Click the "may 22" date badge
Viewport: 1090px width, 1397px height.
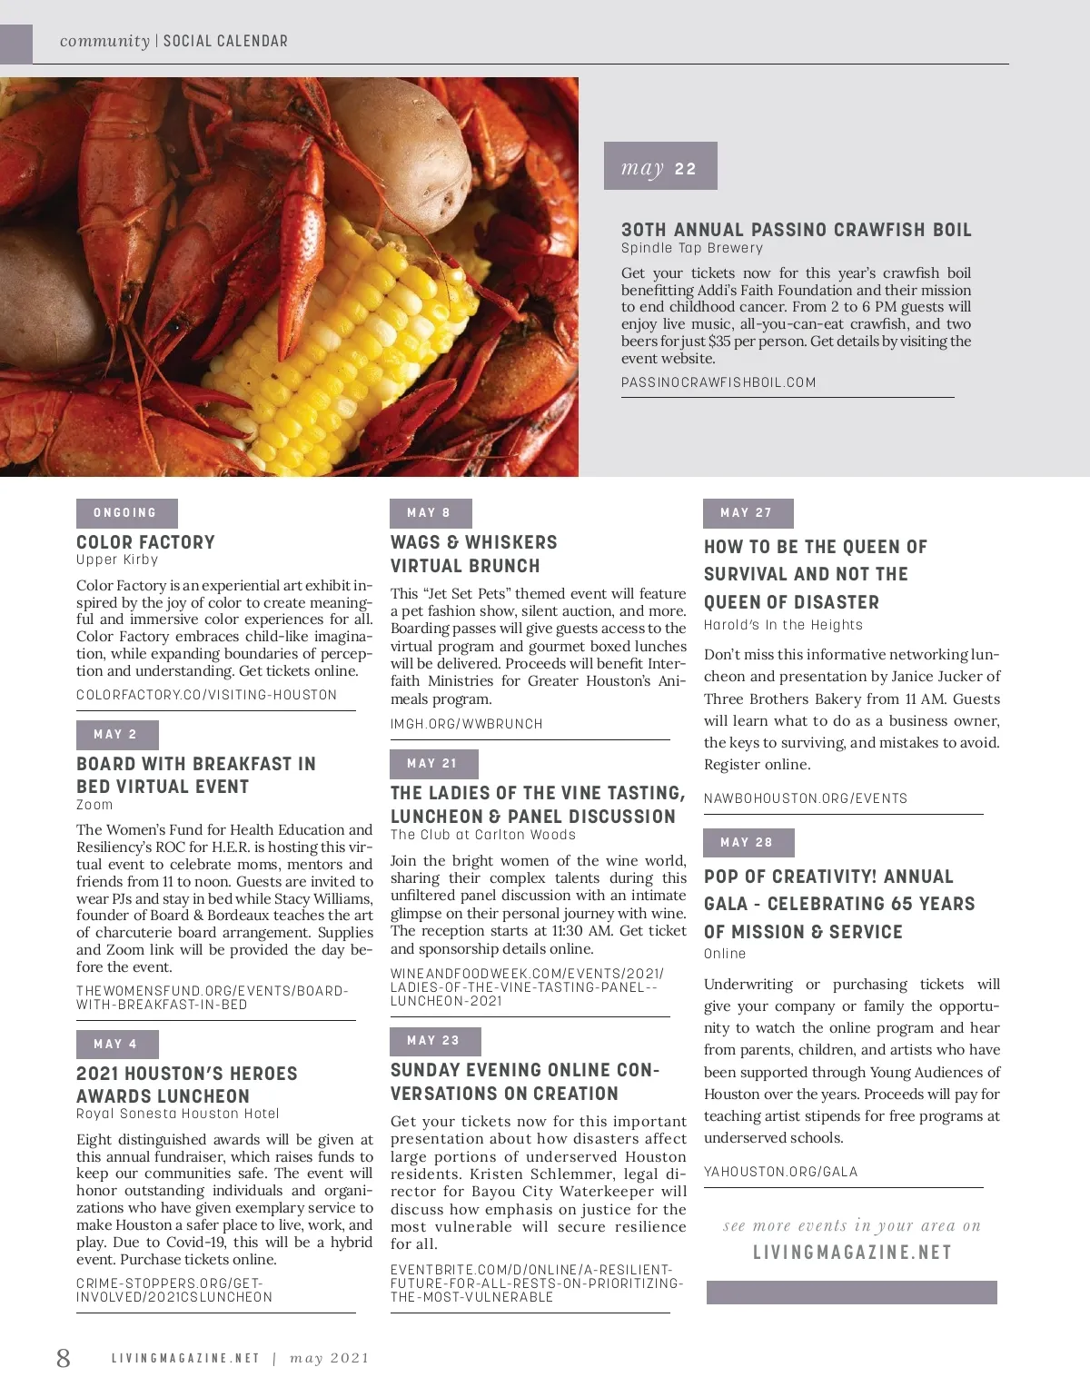660,166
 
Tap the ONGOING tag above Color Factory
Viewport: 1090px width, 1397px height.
126,513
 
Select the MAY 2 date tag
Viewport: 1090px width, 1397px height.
116,735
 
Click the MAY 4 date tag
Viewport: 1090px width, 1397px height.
116,1045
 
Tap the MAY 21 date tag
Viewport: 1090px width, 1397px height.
433,764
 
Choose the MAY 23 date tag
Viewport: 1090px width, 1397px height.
434,1041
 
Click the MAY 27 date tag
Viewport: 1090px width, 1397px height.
748,513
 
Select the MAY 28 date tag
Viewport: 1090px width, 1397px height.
748,843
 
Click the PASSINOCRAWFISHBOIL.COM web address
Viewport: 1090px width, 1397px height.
718,382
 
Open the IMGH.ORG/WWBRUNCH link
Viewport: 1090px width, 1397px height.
467,724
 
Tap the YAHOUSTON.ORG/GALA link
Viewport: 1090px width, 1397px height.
780,1172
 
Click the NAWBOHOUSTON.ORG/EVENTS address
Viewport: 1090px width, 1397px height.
806,798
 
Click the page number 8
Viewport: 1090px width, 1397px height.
63,1358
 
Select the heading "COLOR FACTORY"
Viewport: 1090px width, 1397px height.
146,542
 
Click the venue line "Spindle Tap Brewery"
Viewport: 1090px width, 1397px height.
692,248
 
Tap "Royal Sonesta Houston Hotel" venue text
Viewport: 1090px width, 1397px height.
178,1114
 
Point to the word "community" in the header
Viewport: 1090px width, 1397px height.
104,41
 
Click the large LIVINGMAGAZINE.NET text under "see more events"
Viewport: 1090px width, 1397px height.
852,1253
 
